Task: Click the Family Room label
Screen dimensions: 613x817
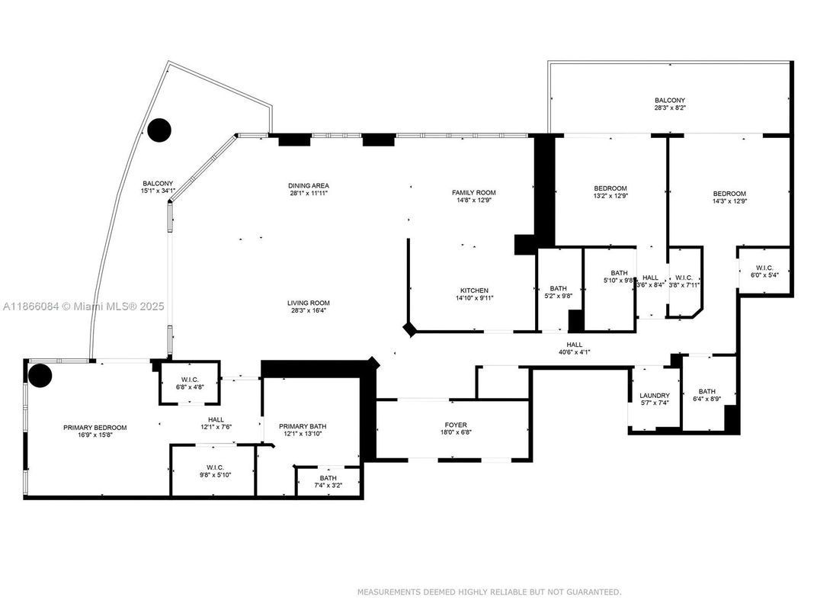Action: pyautogui.click(x=473, y=192)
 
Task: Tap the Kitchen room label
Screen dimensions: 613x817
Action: pyautogui.click(x=473, y=290)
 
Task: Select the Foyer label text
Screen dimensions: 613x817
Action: pyautogui.click(x=456, y=425)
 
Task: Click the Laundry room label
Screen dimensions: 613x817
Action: pyautogui.click(x=654, y=396)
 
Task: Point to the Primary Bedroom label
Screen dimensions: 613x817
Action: pyautogui.click(x=95, y=428)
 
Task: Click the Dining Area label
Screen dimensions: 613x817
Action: pyautogui.click(x=309, y=185)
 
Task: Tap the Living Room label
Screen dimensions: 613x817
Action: pyautogui.click(x=309, y=303)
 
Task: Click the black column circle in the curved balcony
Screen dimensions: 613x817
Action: pyautogui.click(x=159, y=130)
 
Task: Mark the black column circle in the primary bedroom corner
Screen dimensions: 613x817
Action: pyautogui.click(x=39, y=375)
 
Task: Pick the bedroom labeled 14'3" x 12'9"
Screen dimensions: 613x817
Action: pyautogui.click(x=729, y=194)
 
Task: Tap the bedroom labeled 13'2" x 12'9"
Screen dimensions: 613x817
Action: pyautogui.click(x=610, y=188)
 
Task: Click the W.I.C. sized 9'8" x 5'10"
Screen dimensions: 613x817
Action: pyautogui.click(x=213, y=467)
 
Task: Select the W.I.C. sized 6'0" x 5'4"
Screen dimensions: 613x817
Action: pyautogui.click(x=764, y=267)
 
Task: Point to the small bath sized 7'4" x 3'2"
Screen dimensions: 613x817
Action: pyautogui.click(x=328, y=478)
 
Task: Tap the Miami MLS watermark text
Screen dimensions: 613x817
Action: pyautogui.click(x=84, y=306)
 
